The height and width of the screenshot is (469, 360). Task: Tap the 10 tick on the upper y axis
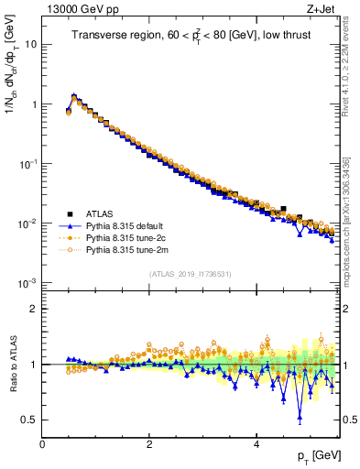pos(32,44)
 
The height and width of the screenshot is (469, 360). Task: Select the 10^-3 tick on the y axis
pos(28,283)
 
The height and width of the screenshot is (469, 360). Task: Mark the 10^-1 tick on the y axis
pos(28,164)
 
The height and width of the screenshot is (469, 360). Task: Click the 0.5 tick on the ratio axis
pos(30,420)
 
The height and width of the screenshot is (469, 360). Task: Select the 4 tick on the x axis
pos(256,442)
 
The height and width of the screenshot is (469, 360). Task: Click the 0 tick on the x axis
pos(42,442)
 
